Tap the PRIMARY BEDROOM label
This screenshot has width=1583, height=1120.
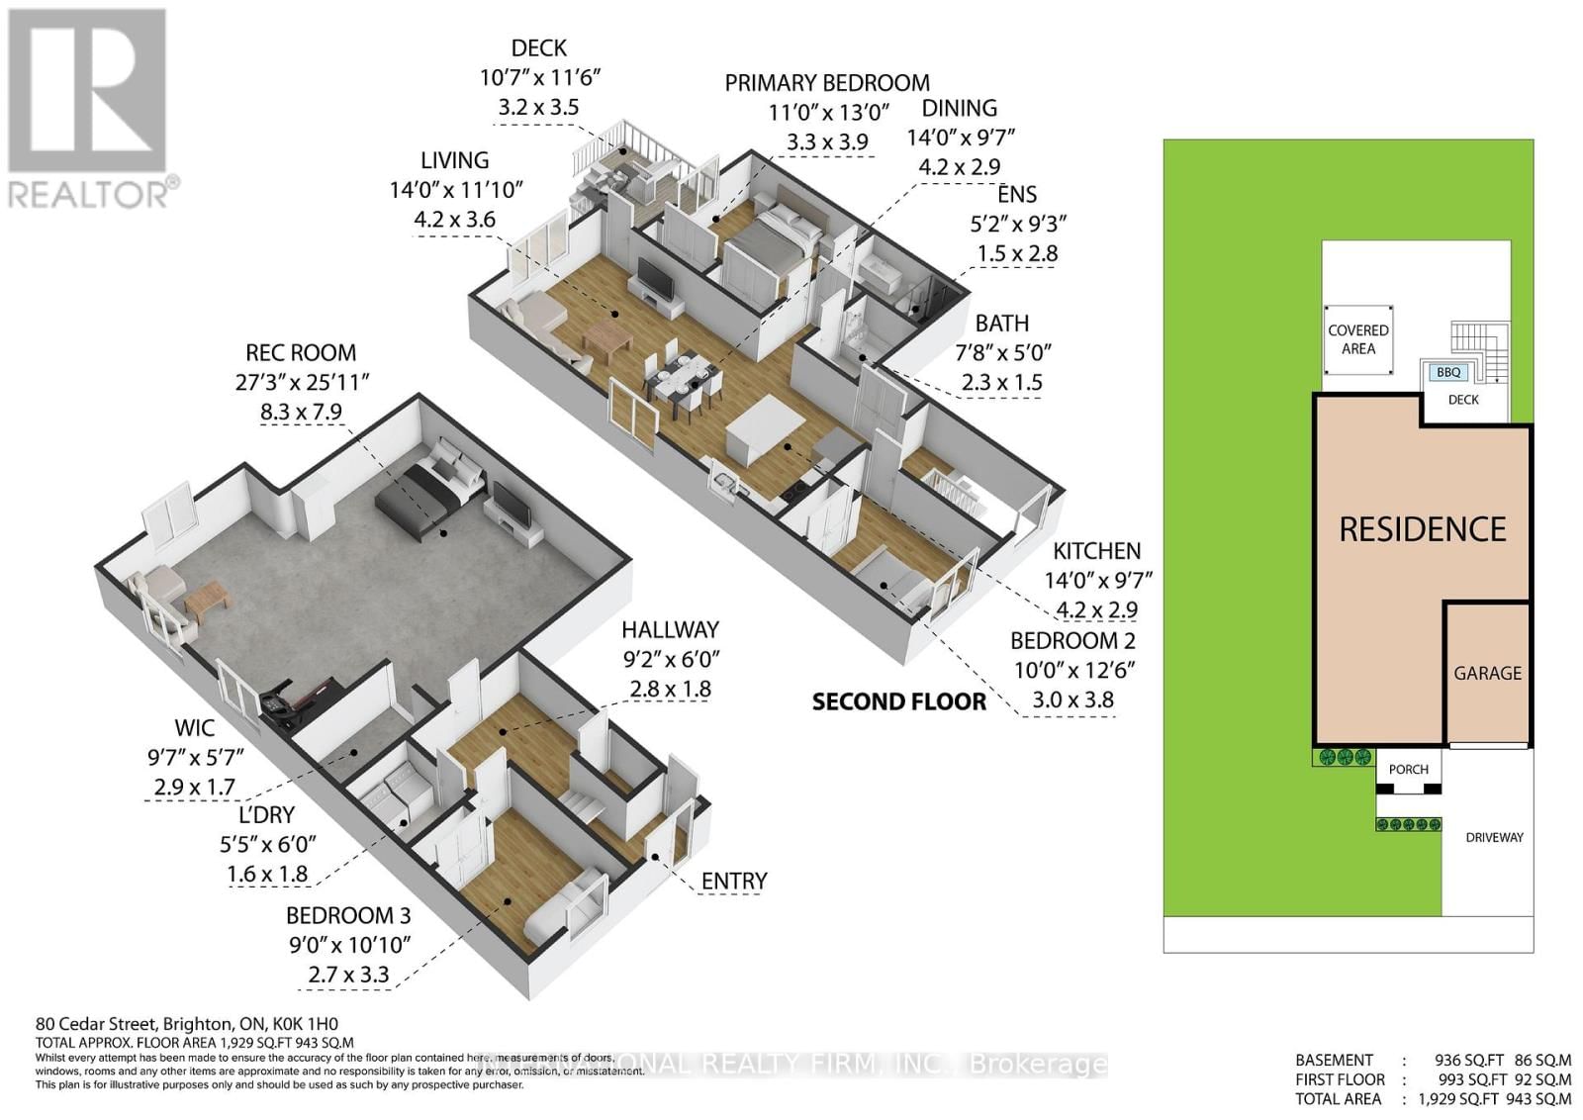point(827,83)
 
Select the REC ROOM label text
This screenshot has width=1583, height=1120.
point(301,353)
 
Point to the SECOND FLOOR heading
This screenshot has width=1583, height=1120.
point(898,702)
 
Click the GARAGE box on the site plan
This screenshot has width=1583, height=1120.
point(1487,673)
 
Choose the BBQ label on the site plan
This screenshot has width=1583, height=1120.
point(1448,373)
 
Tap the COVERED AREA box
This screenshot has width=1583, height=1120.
point(1357,339)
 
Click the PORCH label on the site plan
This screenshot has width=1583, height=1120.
point(1408,769)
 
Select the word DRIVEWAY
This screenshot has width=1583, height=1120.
point(1494,837)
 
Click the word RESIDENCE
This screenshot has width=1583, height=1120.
point(1422,529)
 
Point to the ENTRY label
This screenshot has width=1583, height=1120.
point(734,881)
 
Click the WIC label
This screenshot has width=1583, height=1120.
point(194,728)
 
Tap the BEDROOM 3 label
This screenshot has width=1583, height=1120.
point(348,915)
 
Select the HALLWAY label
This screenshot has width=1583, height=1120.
point(670,629)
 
